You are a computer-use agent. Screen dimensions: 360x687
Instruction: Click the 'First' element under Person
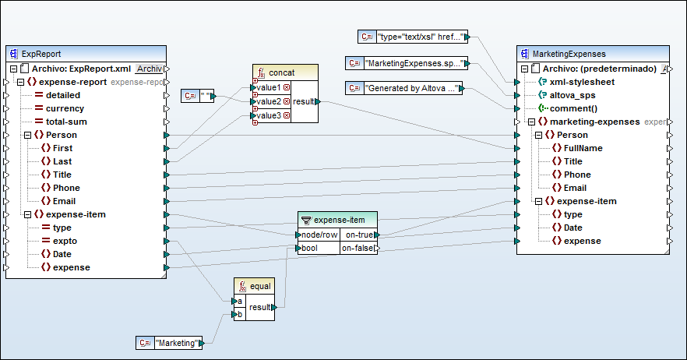(62, 148)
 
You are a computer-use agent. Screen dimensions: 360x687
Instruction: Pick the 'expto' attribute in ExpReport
(65, 241)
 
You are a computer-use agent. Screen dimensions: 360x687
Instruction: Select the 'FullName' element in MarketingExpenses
(583, 148)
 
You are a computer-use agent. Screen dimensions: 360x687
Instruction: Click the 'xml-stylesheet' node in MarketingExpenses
(581, 82)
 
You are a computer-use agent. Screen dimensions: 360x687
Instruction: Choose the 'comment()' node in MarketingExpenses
(572, 108)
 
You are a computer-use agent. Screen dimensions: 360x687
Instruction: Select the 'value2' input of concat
(270, 101)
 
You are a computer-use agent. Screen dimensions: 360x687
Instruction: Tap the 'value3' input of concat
(270, 115)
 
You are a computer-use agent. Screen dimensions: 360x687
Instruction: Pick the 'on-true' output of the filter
(358, 235)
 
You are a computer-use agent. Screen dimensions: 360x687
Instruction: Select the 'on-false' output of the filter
(358, 249)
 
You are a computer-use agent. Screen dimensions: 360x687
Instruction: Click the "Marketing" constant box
(178, 343)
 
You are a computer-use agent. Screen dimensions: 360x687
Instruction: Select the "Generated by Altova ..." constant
(412, 88)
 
